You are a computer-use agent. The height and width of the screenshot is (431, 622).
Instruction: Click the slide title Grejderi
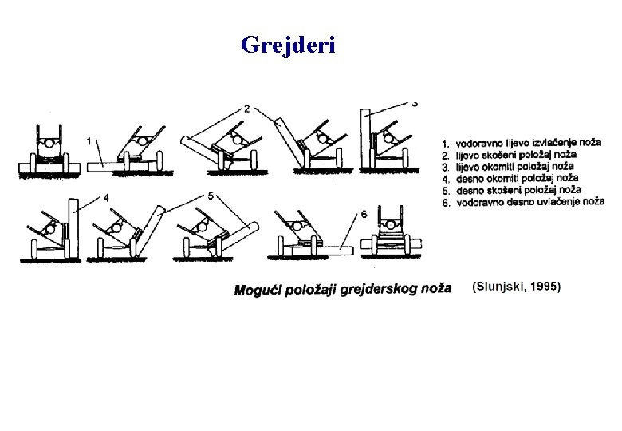288,45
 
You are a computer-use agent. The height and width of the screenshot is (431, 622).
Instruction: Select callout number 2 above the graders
247,108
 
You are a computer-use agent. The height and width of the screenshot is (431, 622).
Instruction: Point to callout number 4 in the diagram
106,197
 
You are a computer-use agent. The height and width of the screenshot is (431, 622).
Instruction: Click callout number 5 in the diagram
211,195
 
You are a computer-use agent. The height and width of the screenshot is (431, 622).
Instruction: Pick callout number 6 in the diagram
364,214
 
